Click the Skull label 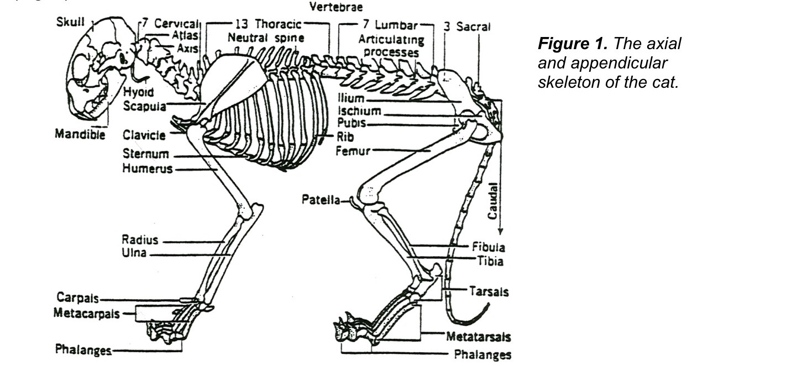click(70, 23)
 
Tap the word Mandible click(80, 134)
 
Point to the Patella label click(321, 199)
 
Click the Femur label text click(353, 150)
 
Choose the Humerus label click(148, 168)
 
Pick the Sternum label click(146, 154)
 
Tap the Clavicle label click(145, 135)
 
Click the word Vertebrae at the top click(337, 7)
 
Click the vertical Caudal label click(492, 201)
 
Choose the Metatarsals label click(479, 336)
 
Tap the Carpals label click(77, 298)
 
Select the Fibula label click(488, 247)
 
